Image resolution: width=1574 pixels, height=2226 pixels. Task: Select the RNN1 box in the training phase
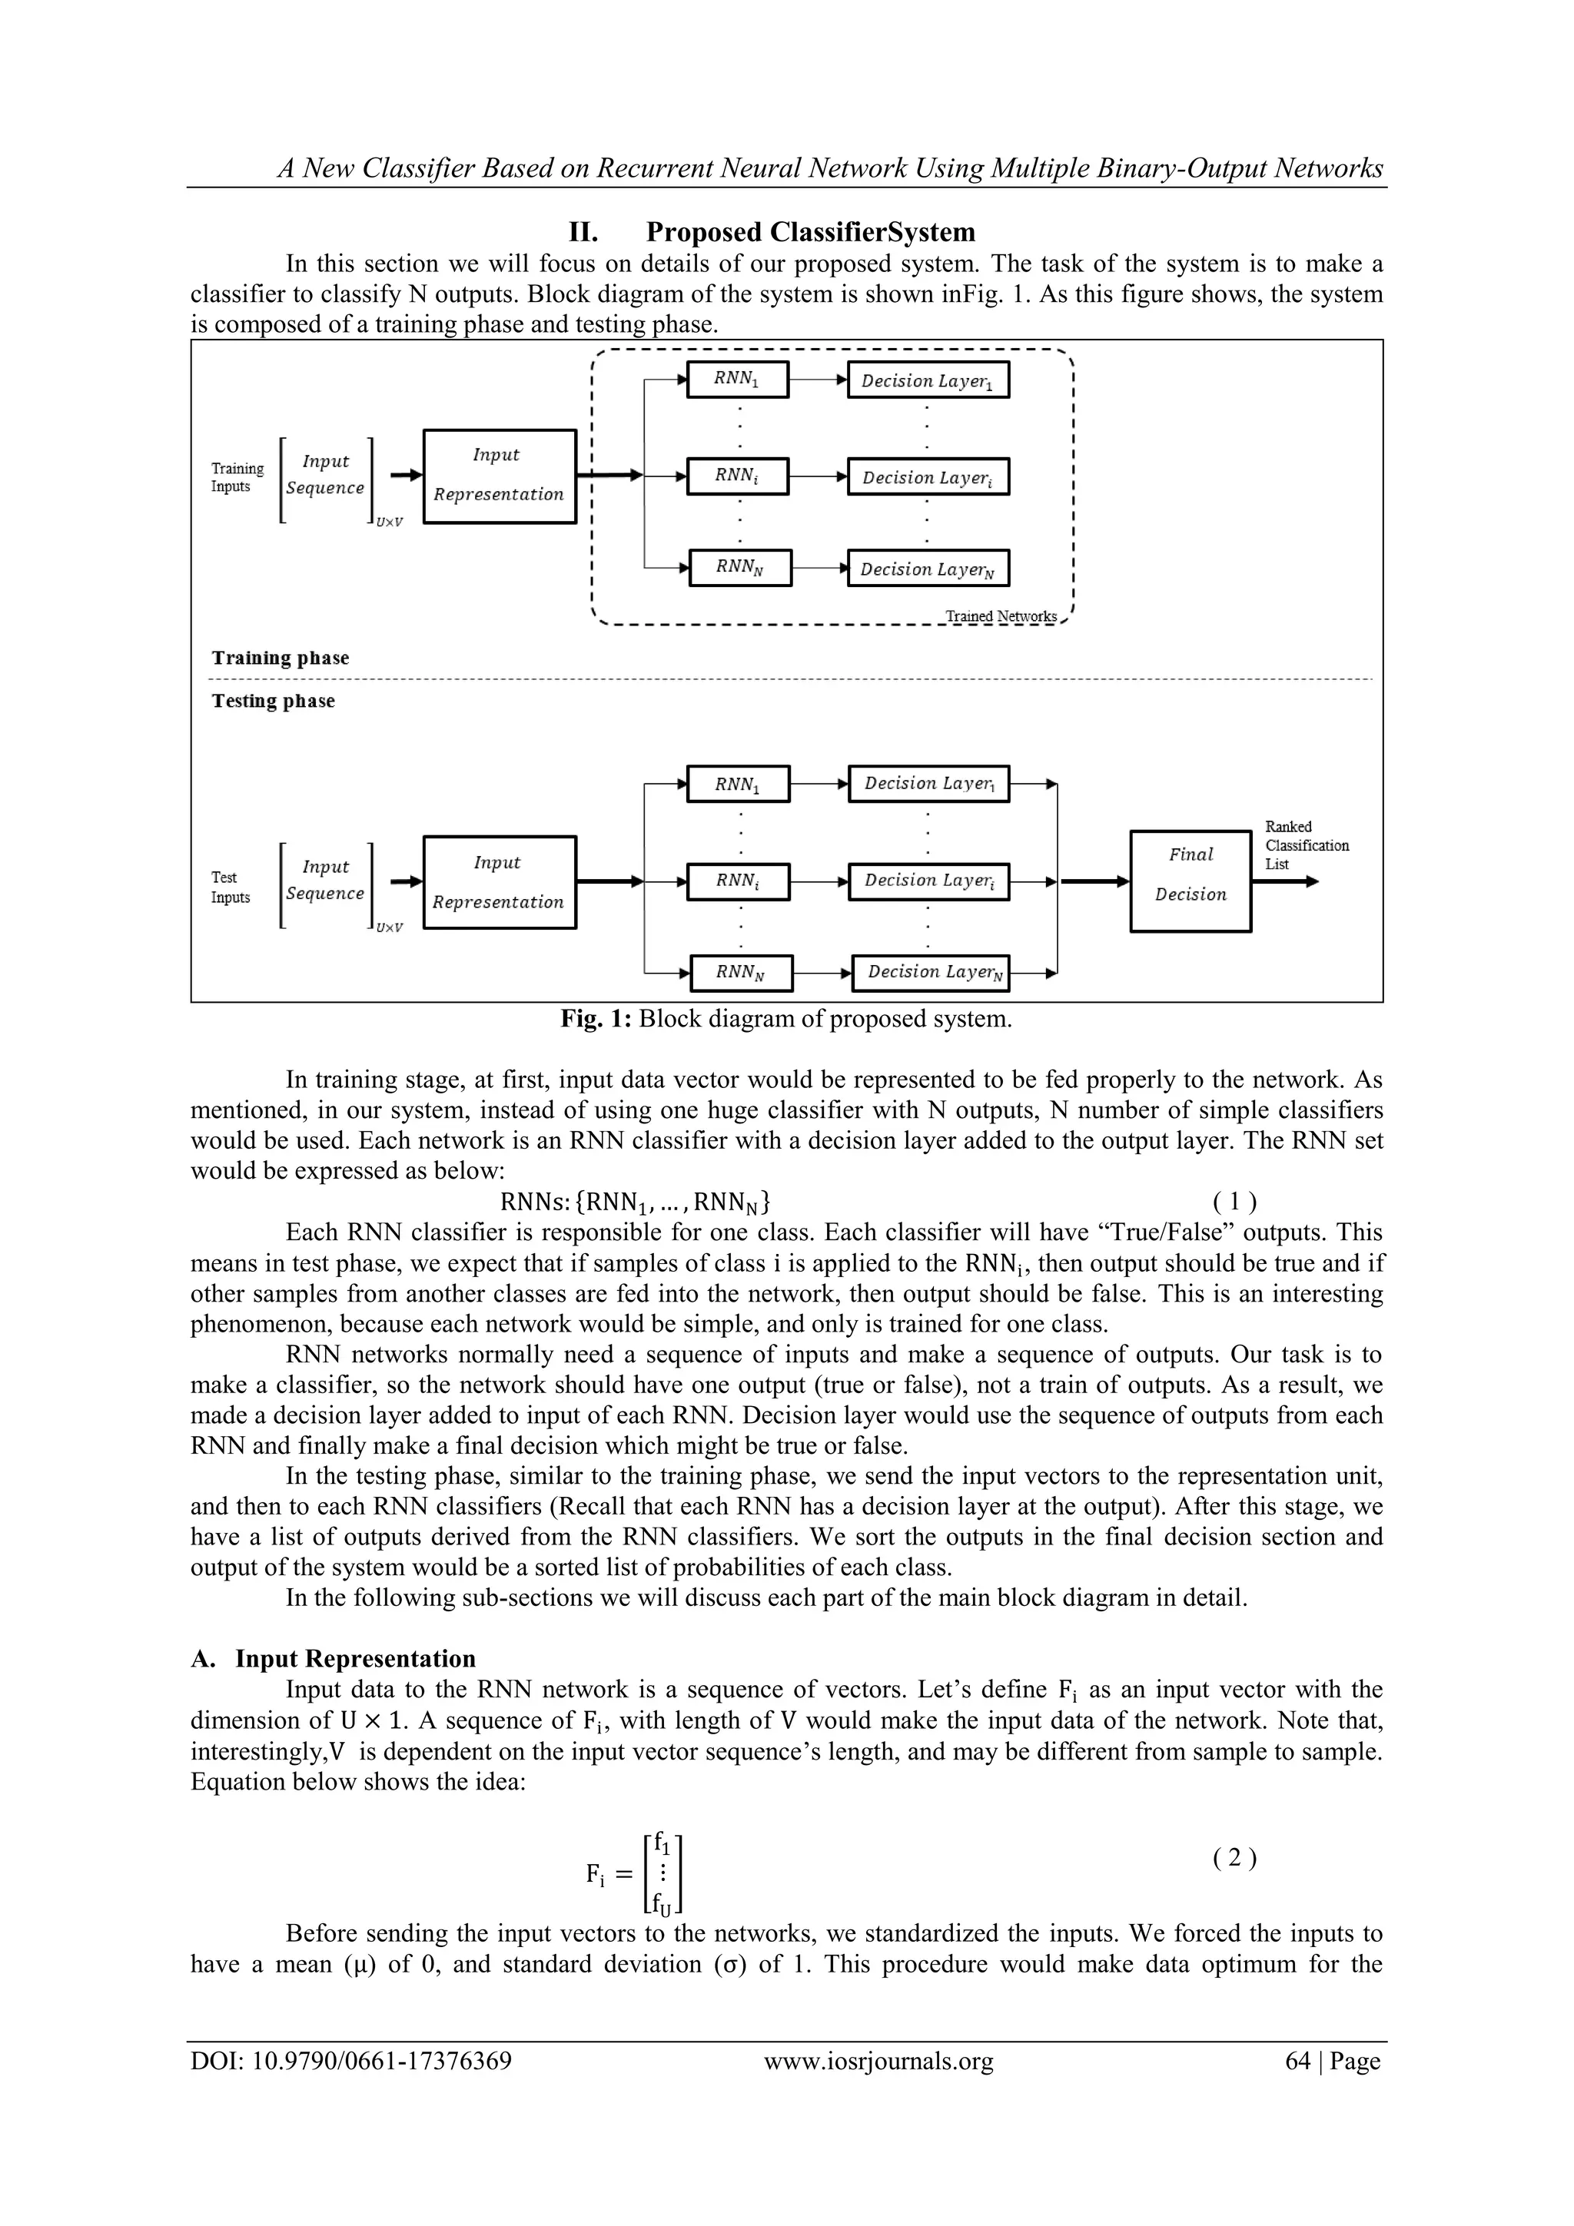tap(737, 379)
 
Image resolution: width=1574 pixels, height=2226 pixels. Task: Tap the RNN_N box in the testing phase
tap(741, 973)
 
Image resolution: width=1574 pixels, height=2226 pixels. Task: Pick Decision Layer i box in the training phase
tap(928, 477)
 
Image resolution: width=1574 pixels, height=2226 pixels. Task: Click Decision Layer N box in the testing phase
tap(930, 973)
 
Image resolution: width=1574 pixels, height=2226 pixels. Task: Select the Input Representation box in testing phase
tap(500, 881)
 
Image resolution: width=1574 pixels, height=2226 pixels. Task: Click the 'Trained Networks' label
tap(1001, 616)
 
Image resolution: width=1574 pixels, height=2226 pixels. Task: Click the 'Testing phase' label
tap(274, 701)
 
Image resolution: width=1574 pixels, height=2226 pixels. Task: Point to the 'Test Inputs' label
tap(231, 887)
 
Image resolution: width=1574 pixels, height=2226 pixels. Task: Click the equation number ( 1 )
tap(1234, 1203)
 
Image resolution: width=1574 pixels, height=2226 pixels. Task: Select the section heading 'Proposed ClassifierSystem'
tap(810, 233)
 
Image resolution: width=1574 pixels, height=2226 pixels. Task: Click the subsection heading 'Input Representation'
tap(355, 1659)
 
